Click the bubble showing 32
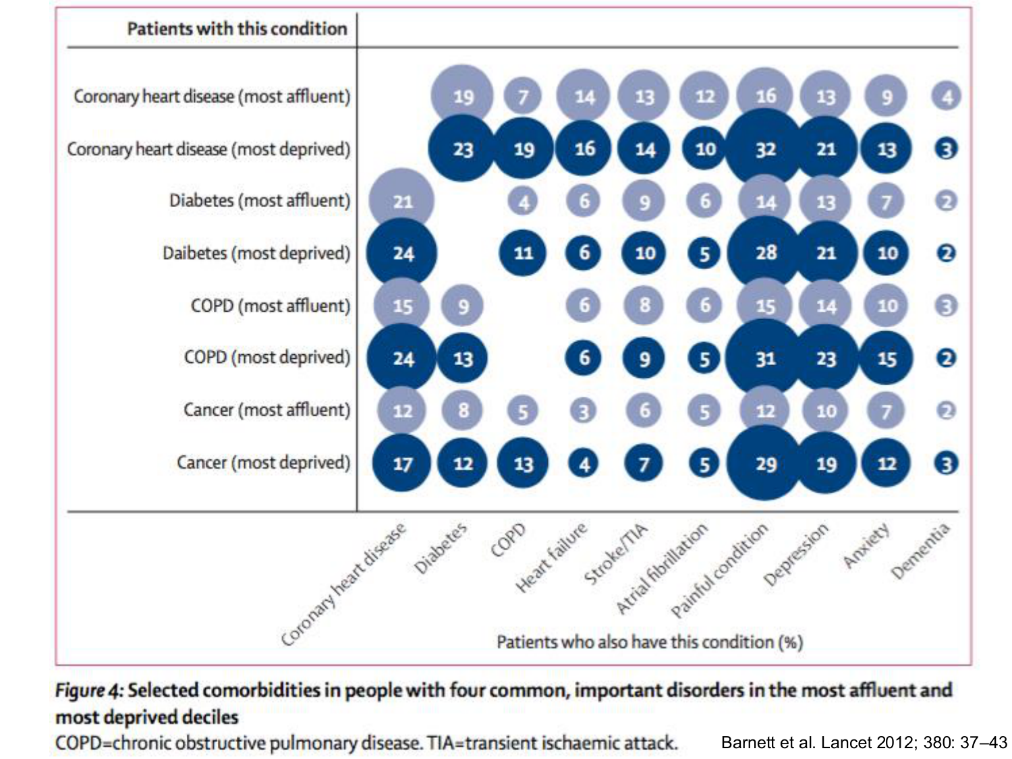[765, 148]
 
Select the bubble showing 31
[765, 358]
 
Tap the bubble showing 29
[765, 463]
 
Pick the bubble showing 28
[765, 253]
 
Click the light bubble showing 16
[765, 96]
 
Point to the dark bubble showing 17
[402, 463]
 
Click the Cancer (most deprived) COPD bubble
[523, 463]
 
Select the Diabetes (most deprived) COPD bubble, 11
[523, 253]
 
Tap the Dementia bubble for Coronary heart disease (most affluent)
[947, 96]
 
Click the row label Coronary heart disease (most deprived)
[208, 149]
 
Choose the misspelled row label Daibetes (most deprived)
[256, 254]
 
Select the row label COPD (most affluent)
[271, 306]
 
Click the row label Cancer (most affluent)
[266, 410]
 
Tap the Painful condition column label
[719, 571]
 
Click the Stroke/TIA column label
[615, 554]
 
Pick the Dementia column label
[920, 551]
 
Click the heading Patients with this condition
[237, 29]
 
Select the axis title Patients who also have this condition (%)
[650, 642]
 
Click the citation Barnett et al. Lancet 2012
[864, 742]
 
